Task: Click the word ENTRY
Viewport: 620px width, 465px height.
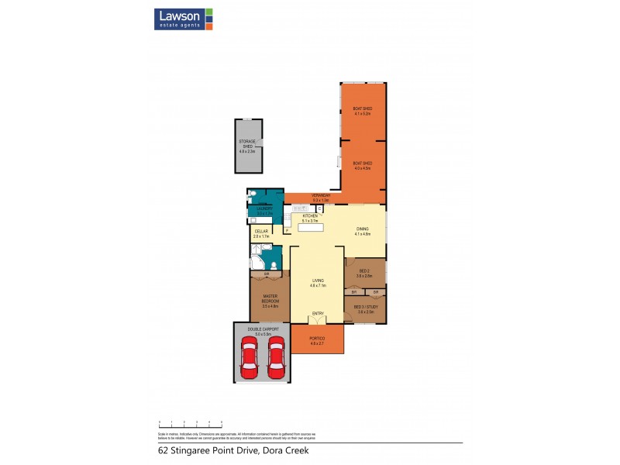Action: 318,313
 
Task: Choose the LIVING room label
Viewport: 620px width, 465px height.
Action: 318,282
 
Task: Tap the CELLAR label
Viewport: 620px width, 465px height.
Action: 261,232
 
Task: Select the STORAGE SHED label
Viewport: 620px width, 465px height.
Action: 248,146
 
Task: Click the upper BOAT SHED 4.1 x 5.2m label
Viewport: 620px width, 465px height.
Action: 362,111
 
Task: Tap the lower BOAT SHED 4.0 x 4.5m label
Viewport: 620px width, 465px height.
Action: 362,165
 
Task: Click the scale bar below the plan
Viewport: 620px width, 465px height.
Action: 191,424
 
